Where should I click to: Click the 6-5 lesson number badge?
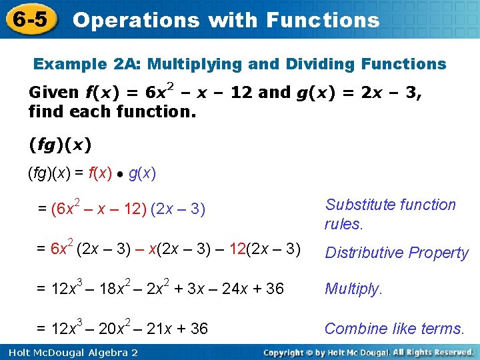tap(29, 19)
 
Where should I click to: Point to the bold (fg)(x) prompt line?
tap(60, 143)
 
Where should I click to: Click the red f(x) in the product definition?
tap(102, 174)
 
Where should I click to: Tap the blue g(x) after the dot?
tap(142, 174)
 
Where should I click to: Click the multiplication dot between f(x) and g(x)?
tap(121, 175)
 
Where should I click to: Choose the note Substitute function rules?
tap(391, 214)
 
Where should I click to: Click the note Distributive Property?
tap(397, 253)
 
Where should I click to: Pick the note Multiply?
tap(354, 289)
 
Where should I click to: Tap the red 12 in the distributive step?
tap(238, 249)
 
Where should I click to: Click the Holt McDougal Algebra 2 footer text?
tap(69, 352)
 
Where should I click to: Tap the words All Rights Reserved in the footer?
tap(433, 351)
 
